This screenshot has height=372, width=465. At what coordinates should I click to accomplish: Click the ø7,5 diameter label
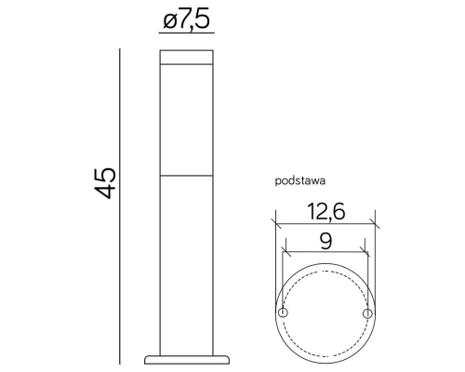(186, 21)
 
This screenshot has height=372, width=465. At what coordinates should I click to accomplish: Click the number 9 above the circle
(325, 242)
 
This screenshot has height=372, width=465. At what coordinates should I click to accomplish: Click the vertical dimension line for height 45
(122, 205)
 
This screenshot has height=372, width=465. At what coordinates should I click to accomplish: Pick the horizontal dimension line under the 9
(325, 254)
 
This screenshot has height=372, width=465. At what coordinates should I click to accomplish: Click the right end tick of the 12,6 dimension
(376, 223)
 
